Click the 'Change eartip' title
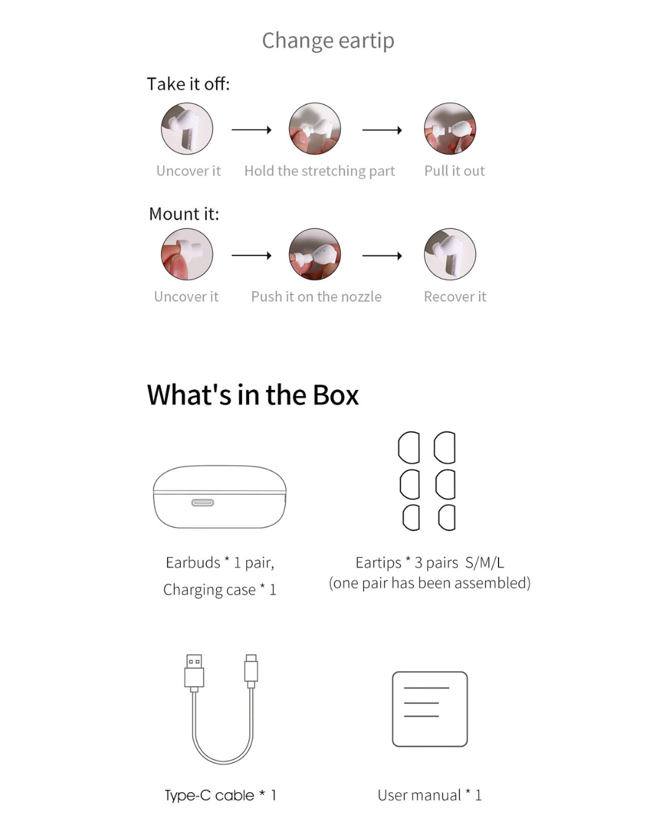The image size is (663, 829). tap(328, 41)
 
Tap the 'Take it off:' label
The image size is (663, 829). tap(188, 84)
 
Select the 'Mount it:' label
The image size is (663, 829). tap(184, 214)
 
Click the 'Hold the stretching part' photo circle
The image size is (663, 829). tap(315, 129)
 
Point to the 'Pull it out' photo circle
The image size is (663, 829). tap(450, 129)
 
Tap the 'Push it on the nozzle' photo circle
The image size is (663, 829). tap(315, 254)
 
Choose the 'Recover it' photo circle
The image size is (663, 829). tap(450, 254)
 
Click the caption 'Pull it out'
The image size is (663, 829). tap(454, 171)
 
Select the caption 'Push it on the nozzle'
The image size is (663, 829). tap(316, 297)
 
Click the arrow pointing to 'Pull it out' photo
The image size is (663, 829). tap(382, 130)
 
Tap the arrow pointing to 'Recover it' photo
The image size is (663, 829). tap(382, 256)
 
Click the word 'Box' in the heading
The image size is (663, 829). tap(336, 395)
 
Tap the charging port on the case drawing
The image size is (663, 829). tap(203, 503)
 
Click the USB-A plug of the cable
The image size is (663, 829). tap(194, 671)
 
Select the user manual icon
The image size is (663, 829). tap(430, 709)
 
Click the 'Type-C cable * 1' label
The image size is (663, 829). tap(220, 795)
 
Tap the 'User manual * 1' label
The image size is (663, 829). tap(430, 795)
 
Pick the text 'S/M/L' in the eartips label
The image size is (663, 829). tap(484, 563)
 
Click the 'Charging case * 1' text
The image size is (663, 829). tap(220, 590)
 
